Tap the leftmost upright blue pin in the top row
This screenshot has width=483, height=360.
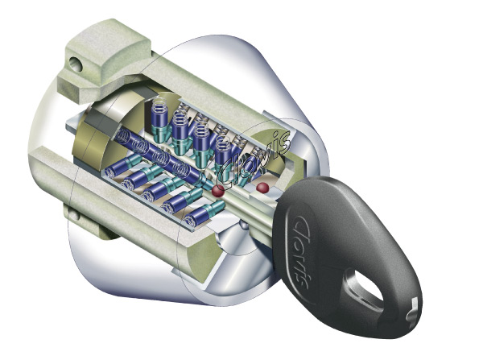pyautogui.click(x=159, y=117)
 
